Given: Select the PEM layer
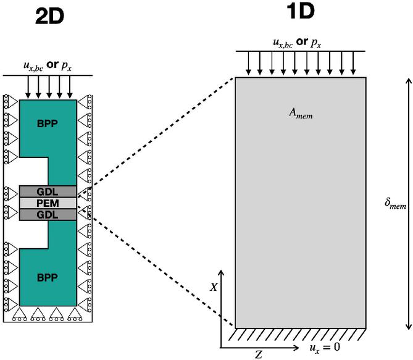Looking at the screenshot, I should (x=48, y=203).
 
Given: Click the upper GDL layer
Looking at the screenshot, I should (x=48, y=191).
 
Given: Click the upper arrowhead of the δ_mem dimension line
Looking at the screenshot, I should (x=407, y=81).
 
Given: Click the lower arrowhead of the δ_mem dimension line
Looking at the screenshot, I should (x=407, y=325).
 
